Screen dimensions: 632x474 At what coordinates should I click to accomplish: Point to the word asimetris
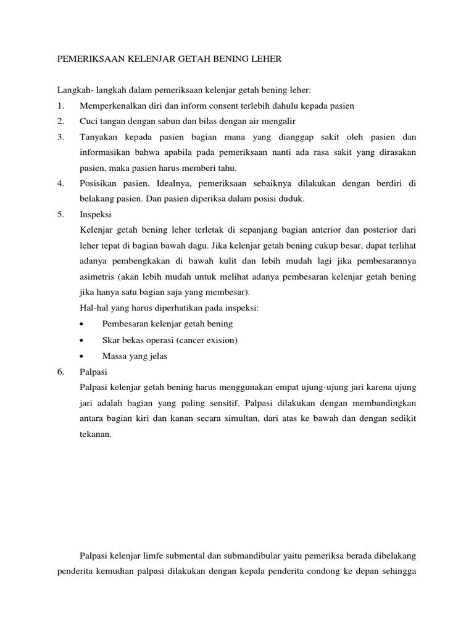98,276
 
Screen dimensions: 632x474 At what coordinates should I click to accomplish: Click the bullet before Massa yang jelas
83,355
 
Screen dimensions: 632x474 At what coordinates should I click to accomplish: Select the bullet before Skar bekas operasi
83,340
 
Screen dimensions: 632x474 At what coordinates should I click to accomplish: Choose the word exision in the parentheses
221,339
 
